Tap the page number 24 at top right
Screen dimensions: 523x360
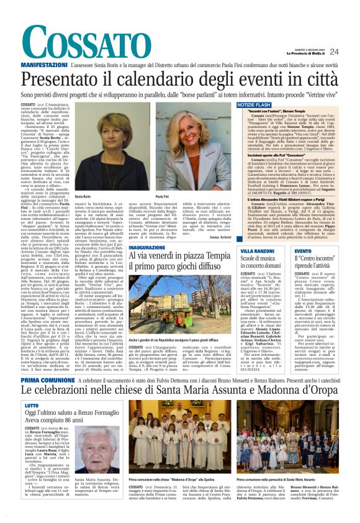[x=351, y=52]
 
